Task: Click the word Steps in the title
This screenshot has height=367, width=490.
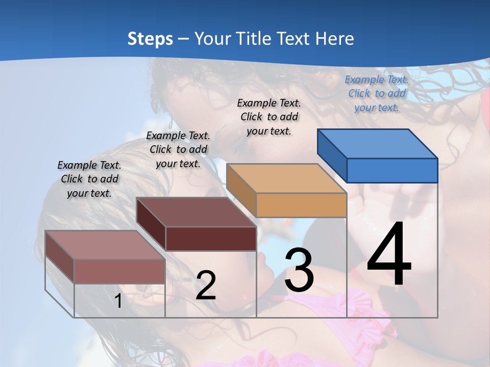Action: pyautogui.click(x=150, y=39)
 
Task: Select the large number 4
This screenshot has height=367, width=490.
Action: pyautogui.click(x=389, y=255)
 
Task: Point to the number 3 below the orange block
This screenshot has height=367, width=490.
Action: pyautogui.click(x=299, y=270)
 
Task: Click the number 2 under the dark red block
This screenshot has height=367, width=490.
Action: pyautogui.click(x=206, y=285)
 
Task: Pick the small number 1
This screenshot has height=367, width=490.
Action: pyautogui.click(x=118, y=301)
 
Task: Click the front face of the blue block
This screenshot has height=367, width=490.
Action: pyautogui.click(x=392, y=170)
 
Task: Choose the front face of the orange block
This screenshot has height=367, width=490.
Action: pyautogui.click(x=301, y=205)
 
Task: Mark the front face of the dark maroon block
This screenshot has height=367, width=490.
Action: pyautogui.click(x=211, y=239)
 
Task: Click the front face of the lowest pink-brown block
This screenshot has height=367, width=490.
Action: pyautogui.click(x=119, y=271)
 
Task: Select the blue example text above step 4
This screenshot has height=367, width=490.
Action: pyautogui.click(x=377, y=93)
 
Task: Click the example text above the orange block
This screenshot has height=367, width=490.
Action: pyautogui.click(x=269, y=117)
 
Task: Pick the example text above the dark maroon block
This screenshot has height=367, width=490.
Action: pyautogui.click(x=178, y=149)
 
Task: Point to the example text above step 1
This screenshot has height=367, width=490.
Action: pyautogui.click(x=89, y=179)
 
